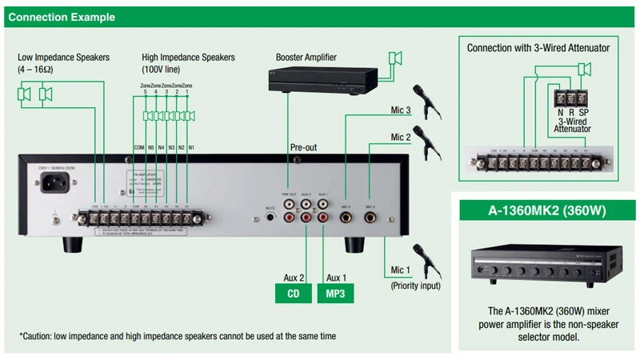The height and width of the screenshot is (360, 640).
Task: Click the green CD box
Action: tap(294, 294)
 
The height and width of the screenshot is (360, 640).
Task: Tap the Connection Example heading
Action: tap(62, 17)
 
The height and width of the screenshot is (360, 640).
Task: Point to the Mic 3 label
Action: tap(401, 110)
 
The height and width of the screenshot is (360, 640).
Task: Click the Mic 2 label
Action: tap(401, 137)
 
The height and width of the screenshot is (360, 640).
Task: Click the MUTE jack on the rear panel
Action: tap(271, 216)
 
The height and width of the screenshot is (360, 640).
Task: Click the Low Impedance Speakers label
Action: tap(63, 58)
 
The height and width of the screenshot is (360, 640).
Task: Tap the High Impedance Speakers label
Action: tap(188, 58)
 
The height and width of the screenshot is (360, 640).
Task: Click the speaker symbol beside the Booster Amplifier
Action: tap(394, 58)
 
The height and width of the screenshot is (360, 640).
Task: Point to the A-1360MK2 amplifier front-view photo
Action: tap(545, 264)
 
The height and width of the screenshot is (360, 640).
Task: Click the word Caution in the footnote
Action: tap(39, 337)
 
